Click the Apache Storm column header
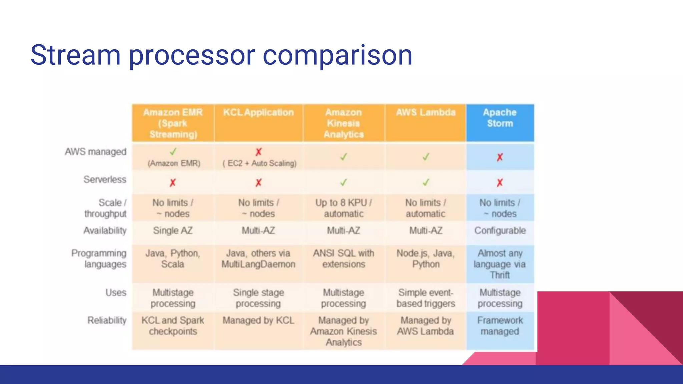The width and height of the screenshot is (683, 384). pos(500,118)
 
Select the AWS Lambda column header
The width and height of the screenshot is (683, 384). pos(426,113)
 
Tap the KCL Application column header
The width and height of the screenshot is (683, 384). pos(258,113)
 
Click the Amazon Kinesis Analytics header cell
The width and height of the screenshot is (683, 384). pos(344,123)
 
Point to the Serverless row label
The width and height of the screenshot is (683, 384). pos(105,180)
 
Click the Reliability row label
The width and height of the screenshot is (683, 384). pos(107,320)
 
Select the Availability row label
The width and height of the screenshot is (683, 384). pos(105,231)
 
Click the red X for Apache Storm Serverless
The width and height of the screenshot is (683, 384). pos(500,183)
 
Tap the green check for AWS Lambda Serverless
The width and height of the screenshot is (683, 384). pos(426,182)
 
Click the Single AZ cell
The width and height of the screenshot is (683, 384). pos(173,231)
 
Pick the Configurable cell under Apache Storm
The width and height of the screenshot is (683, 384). pos(500,231)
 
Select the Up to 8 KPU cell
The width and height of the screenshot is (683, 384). pos(344,208)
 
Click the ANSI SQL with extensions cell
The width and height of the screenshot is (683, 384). pos(344,259)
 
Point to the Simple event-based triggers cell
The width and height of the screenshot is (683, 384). pos(426,298)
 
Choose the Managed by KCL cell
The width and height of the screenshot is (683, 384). pos(258,320)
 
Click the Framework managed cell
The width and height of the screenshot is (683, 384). pos(500,326)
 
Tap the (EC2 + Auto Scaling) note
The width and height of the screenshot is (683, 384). pos(259,163)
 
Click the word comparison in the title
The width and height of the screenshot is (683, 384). pos(337,55)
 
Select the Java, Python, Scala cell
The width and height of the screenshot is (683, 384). pos(173,259)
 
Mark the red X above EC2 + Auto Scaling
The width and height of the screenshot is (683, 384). pos(258,152)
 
